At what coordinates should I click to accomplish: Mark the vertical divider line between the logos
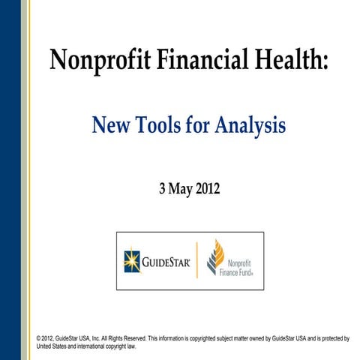[196, 260]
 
